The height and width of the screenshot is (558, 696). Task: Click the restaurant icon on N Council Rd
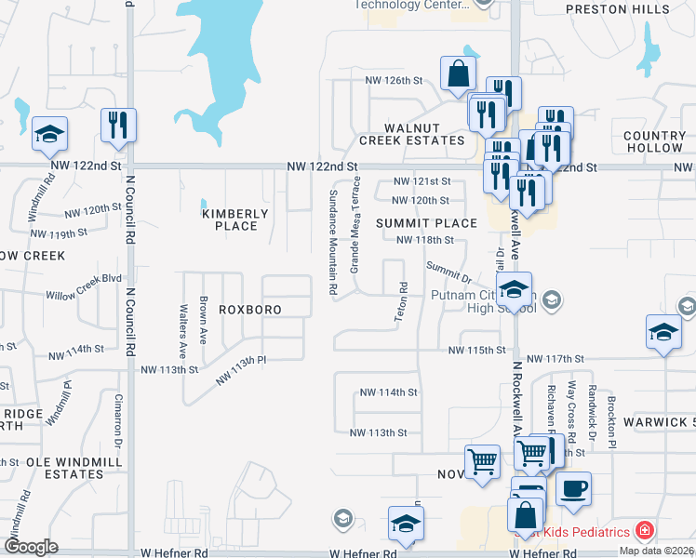[118, 126]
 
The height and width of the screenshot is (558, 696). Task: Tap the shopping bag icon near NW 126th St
[458, 74]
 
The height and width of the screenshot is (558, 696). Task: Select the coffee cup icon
[573, 487]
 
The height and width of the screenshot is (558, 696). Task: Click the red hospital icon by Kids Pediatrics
[644, 531]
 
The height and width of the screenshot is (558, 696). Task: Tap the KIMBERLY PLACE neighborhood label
[235, 219]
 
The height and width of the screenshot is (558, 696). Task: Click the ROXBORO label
[249, 309]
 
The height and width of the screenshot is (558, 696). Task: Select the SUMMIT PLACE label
[426, 223]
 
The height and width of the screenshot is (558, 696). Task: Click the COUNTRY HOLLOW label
[655, 141]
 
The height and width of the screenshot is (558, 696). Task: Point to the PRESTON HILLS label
[619, 9]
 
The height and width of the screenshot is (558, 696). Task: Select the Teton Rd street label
[403, 302]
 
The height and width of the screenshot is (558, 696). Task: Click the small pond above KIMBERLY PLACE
[203, 202]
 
